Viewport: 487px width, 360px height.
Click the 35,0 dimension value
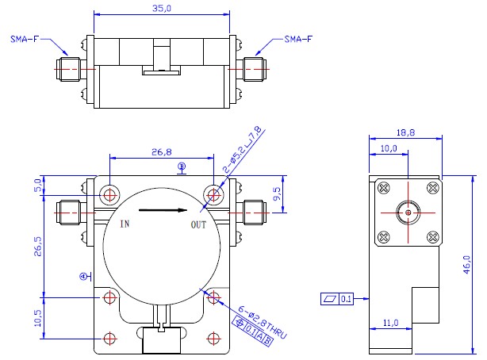click(x=162, y=9)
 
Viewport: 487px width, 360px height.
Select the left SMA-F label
click(x=25, y=39)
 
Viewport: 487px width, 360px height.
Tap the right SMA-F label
click(x=298, y=39)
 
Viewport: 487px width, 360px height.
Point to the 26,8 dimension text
click(x=162, y=152)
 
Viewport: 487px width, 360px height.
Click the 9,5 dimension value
click(x=277, y=193)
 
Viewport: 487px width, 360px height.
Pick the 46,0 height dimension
click(x=467, y=265)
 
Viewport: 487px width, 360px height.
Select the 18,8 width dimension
click(x=405, y=132)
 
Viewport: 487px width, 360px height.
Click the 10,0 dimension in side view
click(x=389, y=148)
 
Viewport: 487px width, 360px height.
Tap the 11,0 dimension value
click(x=390, y=323)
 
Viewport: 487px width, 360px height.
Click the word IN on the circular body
click(x=125, y=224)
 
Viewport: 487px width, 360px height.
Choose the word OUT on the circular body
click(x=198, y=224)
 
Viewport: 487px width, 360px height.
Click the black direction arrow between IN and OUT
click(x=163, y=210)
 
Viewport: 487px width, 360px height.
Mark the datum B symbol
click(x=182, y=168)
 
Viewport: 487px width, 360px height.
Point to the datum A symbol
click(x=86, y=276)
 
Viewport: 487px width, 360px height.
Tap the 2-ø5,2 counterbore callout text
click(x=243, y=150)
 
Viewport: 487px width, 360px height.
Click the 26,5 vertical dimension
click(x=37, y=247)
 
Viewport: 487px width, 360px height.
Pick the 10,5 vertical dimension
click(x=37, y=318)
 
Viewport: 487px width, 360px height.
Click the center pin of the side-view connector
click(x=408, y=213)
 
